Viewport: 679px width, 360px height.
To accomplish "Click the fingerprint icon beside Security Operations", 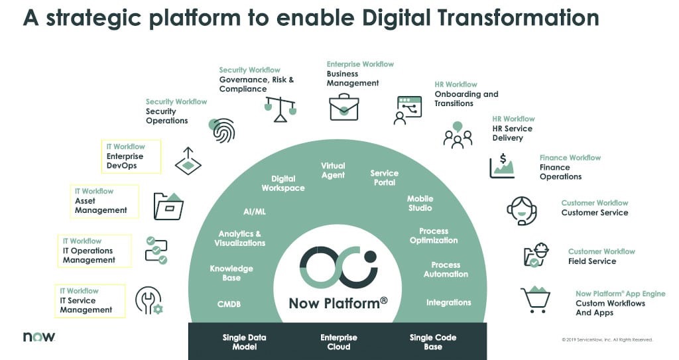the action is pos(222,131).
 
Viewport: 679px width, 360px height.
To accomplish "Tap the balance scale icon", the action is pos(280,109).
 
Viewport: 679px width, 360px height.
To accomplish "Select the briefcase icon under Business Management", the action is pos(344,107).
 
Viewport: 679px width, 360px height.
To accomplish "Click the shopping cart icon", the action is pos(535,300).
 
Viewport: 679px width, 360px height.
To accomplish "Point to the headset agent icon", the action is pos(522,211).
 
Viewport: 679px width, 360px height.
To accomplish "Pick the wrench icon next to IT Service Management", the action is pos(149,300).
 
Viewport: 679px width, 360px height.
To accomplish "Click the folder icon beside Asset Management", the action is pos(168,206).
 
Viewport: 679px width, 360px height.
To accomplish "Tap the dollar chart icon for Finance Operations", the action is pos(503,166).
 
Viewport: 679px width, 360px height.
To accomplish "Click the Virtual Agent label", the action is pos(333,170).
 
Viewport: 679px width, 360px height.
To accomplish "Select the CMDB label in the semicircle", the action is pos(229,304).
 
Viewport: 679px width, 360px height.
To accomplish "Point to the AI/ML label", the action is pos(255,211).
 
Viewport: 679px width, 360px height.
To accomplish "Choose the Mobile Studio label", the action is pos(420,203).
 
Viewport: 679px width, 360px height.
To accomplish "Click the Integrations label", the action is pos(449,302).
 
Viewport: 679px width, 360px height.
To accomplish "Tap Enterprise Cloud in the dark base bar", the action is pos(339,342).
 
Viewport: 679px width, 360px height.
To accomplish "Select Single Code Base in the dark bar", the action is pos(433,342).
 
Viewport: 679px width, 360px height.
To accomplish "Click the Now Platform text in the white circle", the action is pos(338,303).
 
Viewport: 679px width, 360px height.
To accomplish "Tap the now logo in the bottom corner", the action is pos(39,337).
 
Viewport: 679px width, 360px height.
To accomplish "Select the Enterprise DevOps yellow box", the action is pos(131,156).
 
